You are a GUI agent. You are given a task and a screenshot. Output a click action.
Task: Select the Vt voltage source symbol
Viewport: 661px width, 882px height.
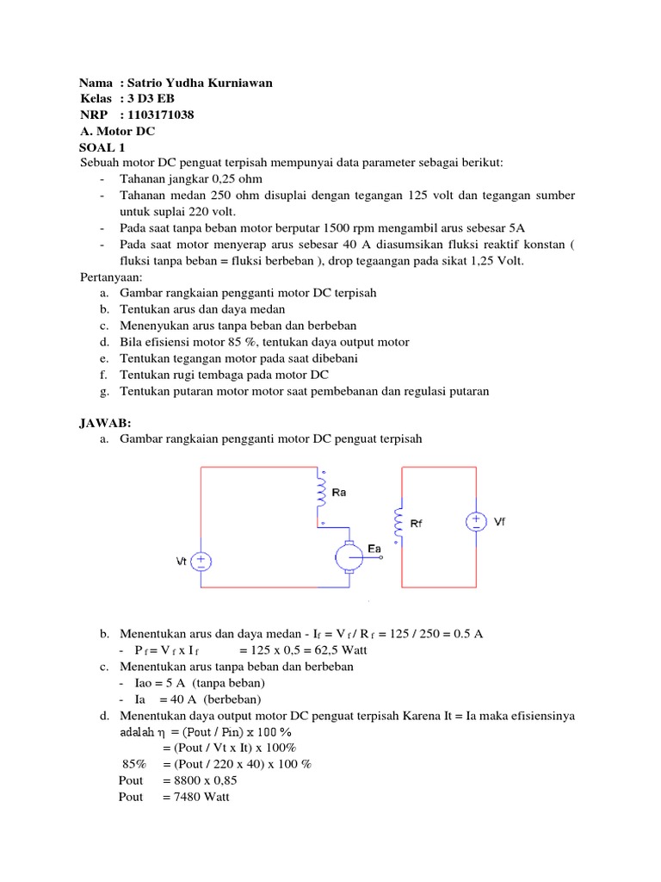(201, 562)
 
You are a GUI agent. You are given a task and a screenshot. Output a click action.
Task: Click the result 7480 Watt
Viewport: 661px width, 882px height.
(196, 797)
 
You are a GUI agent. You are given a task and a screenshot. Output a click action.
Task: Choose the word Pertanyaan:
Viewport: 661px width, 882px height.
(112, 277)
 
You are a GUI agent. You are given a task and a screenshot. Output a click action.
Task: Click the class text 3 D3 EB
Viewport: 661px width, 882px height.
(152, 99)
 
